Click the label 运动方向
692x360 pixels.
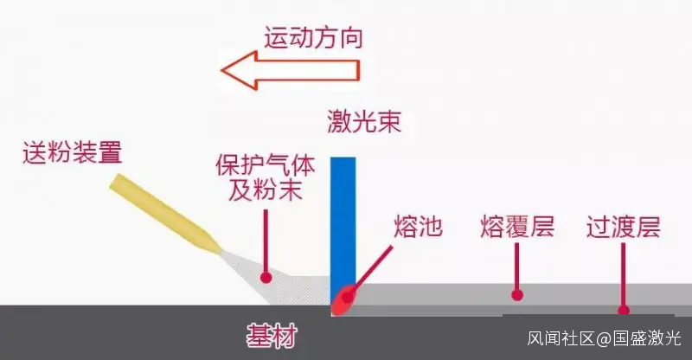pyautogui.click(x=312, y=38)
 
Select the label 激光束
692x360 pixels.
pyautogui.click(x=363, y=120)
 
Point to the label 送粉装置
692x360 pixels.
pyautogui.click(x=73, y=153)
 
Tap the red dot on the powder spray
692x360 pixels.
pyautogui.click(x=266, y=278)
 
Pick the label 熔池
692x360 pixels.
pyautogui.click(x=418, y=228)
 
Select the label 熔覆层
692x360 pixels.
pyautogui.click(x=517, y=228)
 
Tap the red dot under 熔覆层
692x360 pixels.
pyautogui.click(x=517, y=294)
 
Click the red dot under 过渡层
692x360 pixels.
pyautogui.click(x=623, y=309)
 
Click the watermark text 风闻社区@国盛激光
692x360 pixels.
pyautogui.click(x=605, y=337)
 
